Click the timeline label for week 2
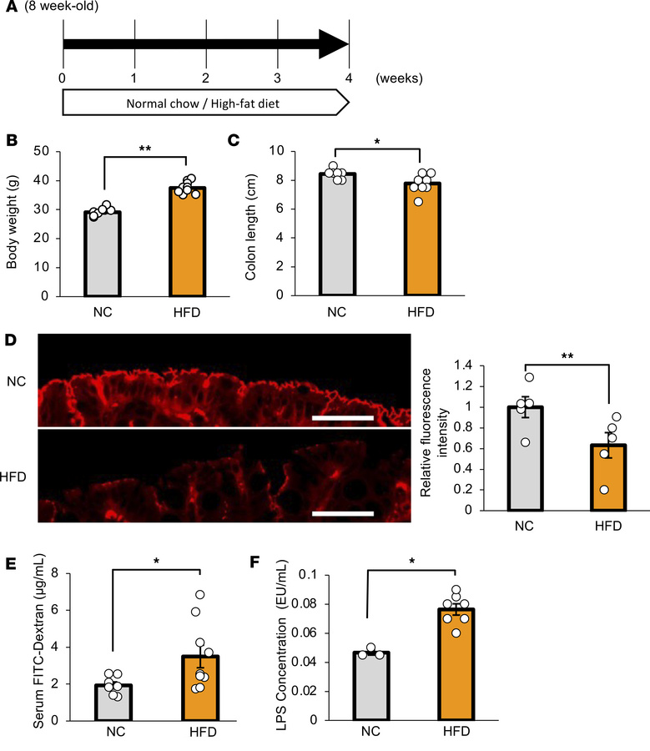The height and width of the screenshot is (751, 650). click(x=205, y=78)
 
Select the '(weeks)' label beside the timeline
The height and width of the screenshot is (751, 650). click(x=399, y=78)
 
